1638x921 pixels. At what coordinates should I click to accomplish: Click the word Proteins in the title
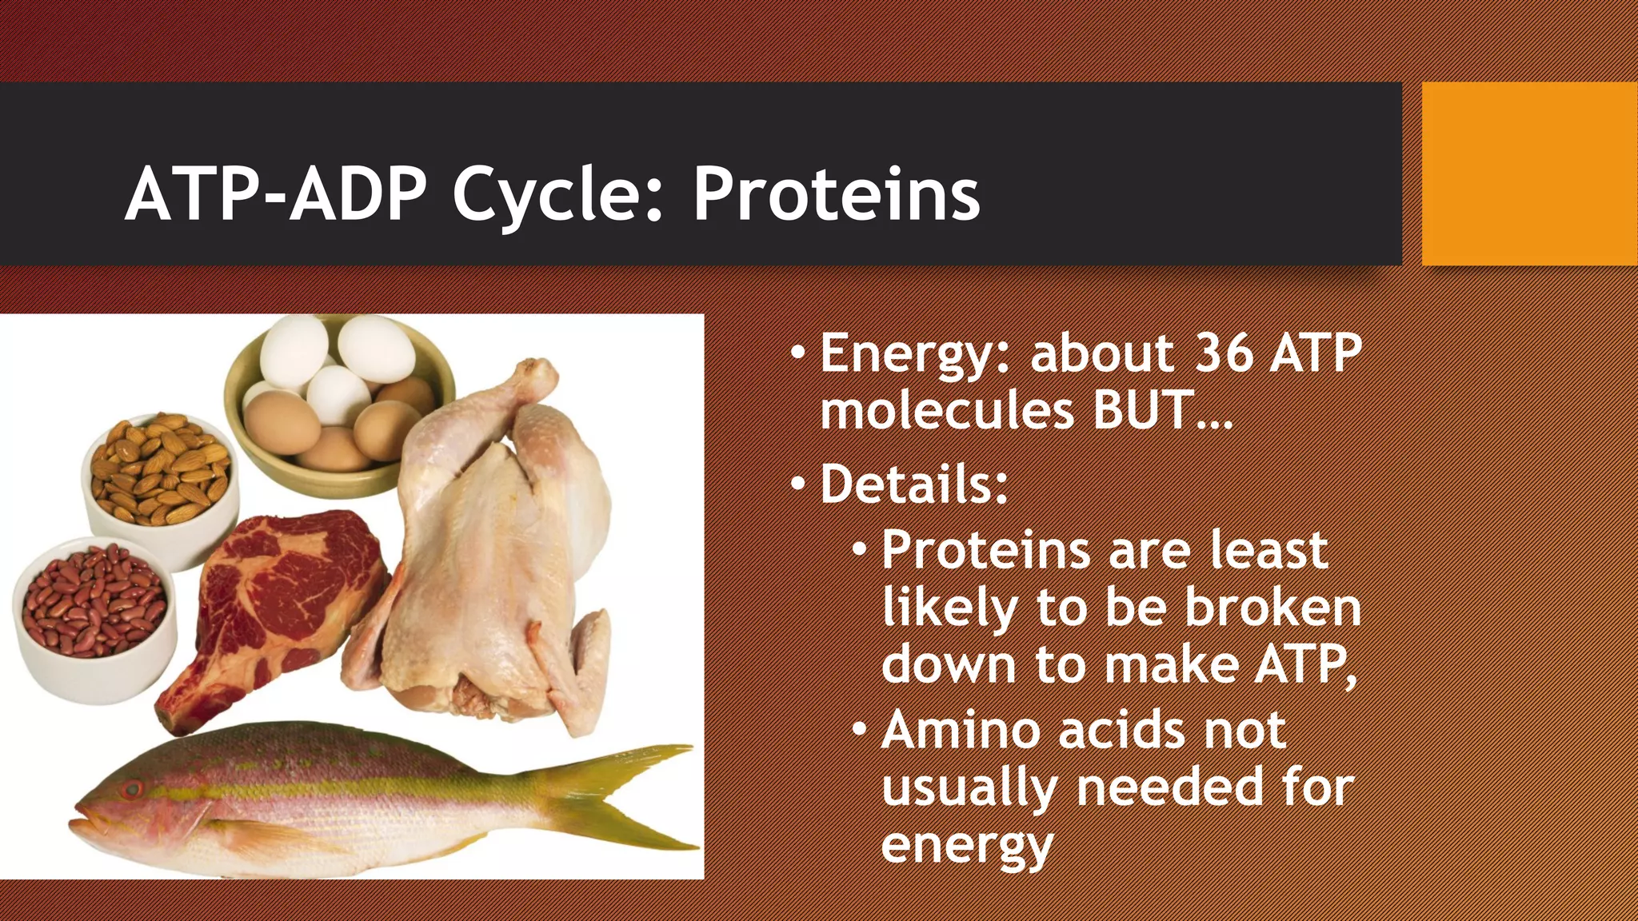pos(836,194)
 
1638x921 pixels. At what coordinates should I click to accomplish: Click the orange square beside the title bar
pos(1529,173)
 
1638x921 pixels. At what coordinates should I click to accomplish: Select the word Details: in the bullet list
pos(914,484)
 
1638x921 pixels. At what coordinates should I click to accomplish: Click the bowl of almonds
pos(160,472)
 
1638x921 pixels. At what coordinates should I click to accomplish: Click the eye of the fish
pos(131,790)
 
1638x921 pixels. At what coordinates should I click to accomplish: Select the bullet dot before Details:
pos(799,484)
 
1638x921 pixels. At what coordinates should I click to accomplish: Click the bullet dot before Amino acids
pos(860,730)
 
